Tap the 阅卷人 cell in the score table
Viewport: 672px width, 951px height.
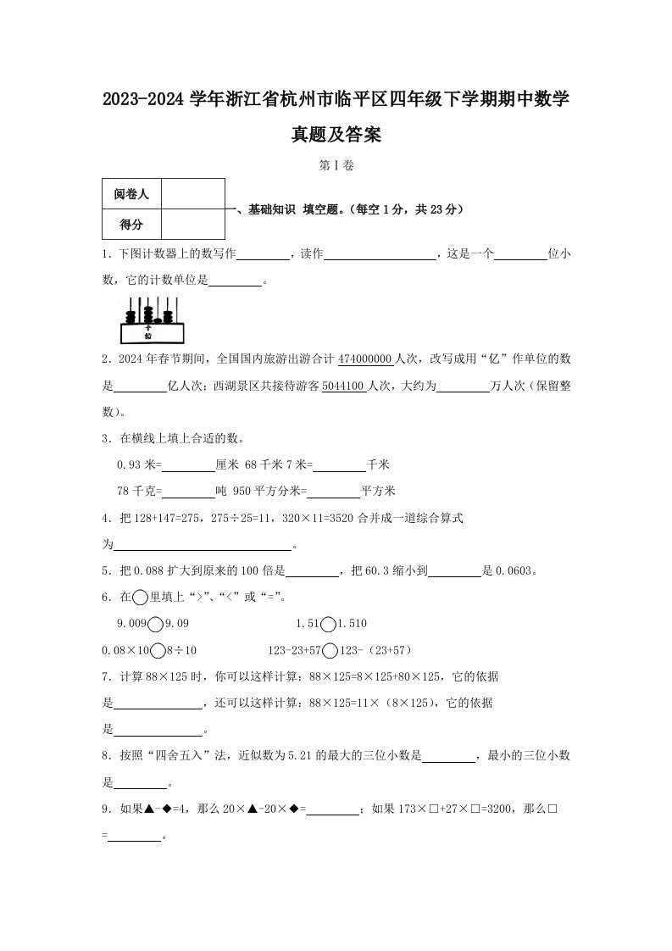coord(131,194)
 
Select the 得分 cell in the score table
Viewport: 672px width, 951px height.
coord(131,225)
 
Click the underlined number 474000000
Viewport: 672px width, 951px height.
coord(365,359)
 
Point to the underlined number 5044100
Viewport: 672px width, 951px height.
coord(343,386)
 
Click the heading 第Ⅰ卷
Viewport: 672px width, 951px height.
coord(336,166)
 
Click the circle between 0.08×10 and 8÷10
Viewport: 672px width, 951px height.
coord(157,650)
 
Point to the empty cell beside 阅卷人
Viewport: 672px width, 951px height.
coord(192,194)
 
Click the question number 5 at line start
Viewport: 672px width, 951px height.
coord(104,570)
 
